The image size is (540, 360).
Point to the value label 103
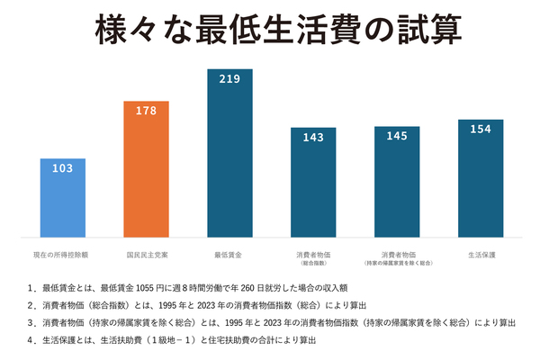pos(63,169)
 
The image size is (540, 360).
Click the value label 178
pos(146,112)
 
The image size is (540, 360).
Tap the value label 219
pos(229,79)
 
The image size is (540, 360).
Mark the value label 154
pos(480,130)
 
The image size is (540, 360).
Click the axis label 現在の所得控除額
pos(63,255)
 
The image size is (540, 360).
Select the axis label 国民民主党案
pos(146,255)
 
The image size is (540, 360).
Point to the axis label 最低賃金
pos(229,255)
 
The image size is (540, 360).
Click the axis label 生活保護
pos(480,255)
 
